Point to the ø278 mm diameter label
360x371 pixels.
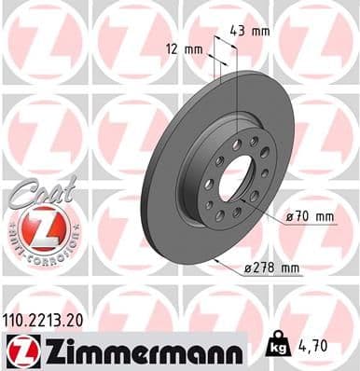pyautogui.click(x=270, y=269)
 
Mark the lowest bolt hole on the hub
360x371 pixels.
pyautogui.click(x=219, y=215)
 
